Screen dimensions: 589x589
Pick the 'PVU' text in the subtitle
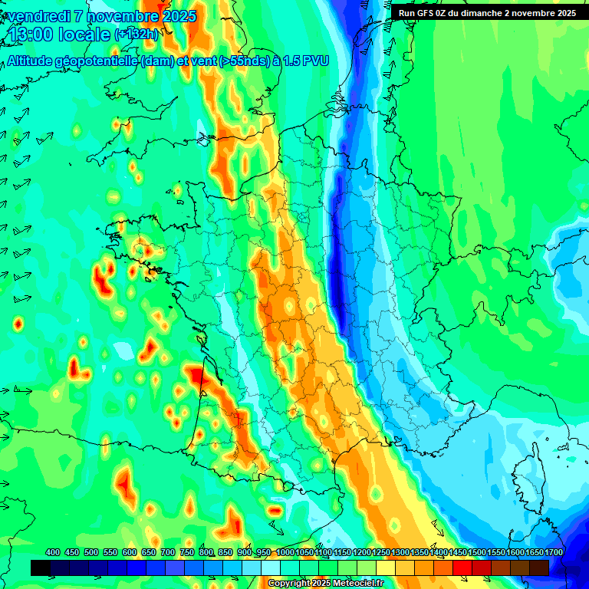(x=315, y=62)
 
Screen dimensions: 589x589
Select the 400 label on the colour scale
(x=53, y=552)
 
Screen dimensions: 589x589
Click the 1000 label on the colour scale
(x=285, y=552)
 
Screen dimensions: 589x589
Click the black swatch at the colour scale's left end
(x=41, y=568)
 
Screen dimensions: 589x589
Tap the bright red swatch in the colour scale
(x=462, y=568)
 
